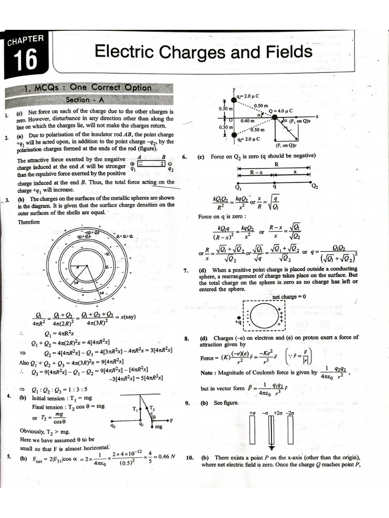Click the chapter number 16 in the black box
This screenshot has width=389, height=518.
click(25, 60)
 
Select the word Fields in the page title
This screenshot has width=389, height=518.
click(284, 52)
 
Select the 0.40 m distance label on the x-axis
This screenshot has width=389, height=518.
click(248, 121)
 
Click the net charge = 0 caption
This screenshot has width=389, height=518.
click(289, 297)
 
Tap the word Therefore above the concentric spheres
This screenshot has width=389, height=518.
click(28, 222)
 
